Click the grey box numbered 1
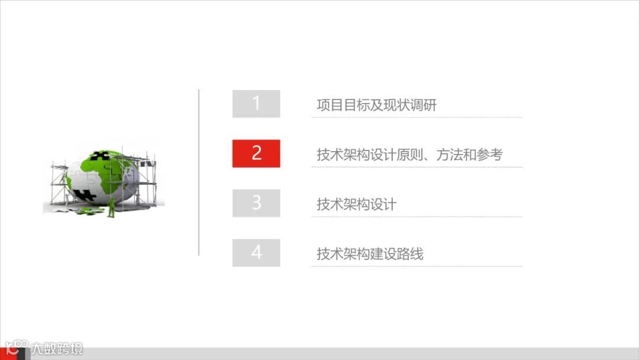point(256,104)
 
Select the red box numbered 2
point(256,153)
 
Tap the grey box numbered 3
point(256,203)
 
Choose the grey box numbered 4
point(256,253)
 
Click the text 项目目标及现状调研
point(376,105)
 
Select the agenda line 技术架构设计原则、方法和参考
point(409,155)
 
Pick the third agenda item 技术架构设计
point(356,205)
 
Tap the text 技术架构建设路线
point(370,255)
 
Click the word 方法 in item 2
point(449,155)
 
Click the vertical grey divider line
point(199,172)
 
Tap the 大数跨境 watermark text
point(57,349)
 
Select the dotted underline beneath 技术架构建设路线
point(417,266)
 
